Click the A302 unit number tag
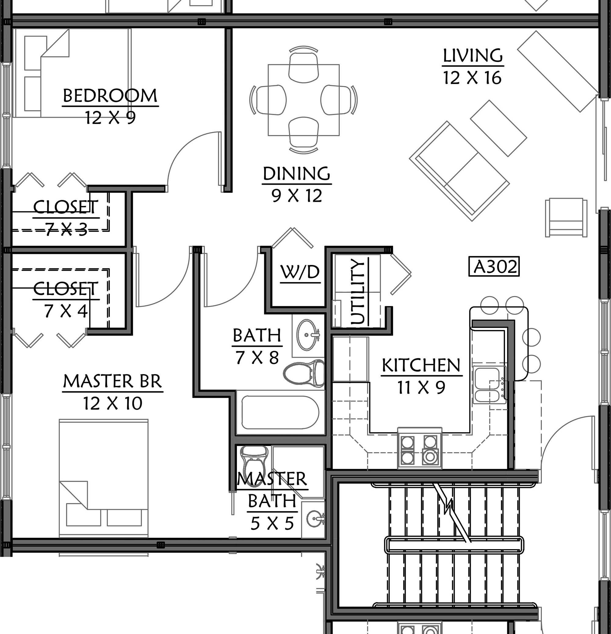tap(494, 266)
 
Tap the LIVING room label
tap(472, 56)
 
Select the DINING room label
tap(297, 174)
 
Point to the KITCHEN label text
tap(421, 365)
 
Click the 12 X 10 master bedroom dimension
tap(113, 403)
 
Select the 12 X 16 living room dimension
tap(472, 78)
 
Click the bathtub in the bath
tap(280, 412)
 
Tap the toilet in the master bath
tap(254, 462)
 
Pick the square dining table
tap(304, 100)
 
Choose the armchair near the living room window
tap(566, 217)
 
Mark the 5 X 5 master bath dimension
tap(272, 524)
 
